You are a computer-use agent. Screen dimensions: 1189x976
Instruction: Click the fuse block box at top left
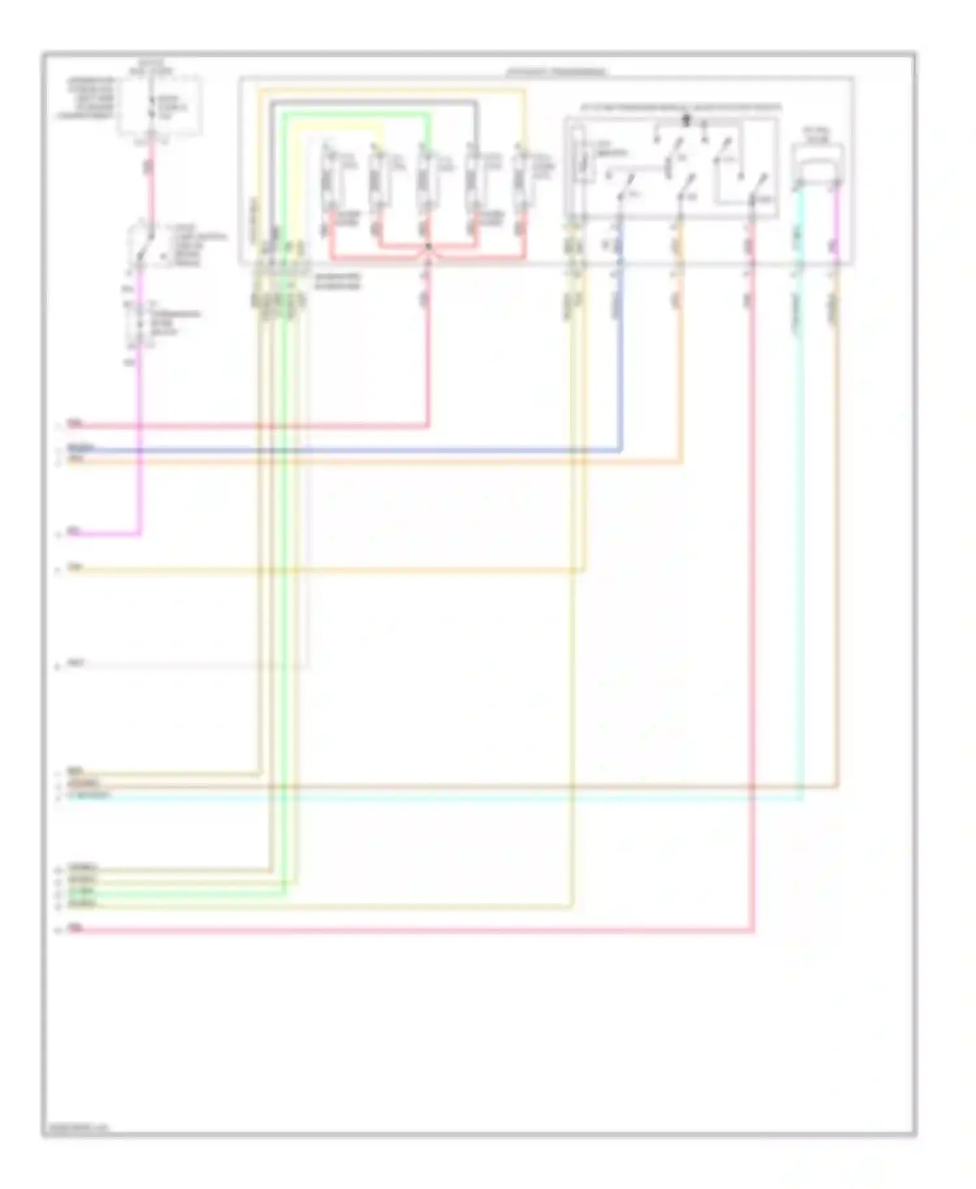[x=159, y=105]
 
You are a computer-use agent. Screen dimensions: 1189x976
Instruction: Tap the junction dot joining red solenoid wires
[x=428, y=247]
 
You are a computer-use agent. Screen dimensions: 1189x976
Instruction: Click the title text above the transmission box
[x=556, y=72]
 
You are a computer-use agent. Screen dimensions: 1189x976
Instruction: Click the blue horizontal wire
[x=390, y=450]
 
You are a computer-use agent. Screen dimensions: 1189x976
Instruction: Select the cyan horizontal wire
[x=455, y=797]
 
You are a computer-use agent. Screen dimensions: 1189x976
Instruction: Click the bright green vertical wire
[x=284, y=520]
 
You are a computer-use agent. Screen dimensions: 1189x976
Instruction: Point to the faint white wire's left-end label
[x=76, y=663]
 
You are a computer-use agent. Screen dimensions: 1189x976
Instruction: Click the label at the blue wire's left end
[x=81, y=448]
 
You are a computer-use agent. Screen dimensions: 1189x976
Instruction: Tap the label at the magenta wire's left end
[x=74, y=531]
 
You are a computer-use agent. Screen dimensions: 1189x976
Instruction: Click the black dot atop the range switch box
[x=686, y=119]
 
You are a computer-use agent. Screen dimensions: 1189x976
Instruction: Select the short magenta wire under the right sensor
[x=837, y=221]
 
